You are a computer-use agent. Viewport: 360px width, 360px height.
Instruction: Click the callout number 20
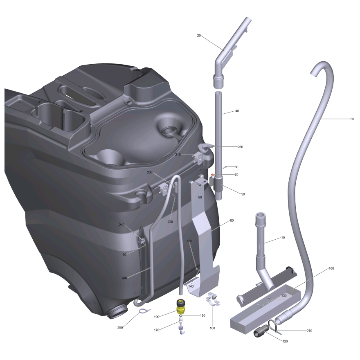click(199, 36)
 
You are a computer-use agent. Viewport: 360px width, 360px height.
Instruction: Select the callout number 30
click(352, 119)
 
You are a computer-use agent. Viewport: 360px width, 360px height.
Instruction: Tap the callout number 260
click(240, 147)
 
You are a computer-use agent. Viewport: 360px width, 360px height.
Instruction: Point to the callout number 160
click(331, 268)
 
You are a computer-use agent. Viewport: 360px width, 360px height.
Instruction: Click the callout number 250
click(120, 328)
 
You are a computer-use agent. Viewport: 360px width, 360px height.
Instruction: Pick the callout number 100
click(212, 328)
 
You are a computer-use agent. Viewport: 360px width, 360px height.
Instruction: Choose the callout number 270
click(309, 331)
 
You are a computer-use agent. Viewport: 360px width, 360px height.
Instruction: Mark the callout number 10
click(283, 238)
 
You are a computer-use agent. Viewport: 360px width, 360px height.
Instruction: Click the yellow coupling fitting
click(181, 307)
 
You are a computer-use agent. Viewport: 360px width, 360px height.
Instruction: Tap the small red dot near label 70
click(212, 175)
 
